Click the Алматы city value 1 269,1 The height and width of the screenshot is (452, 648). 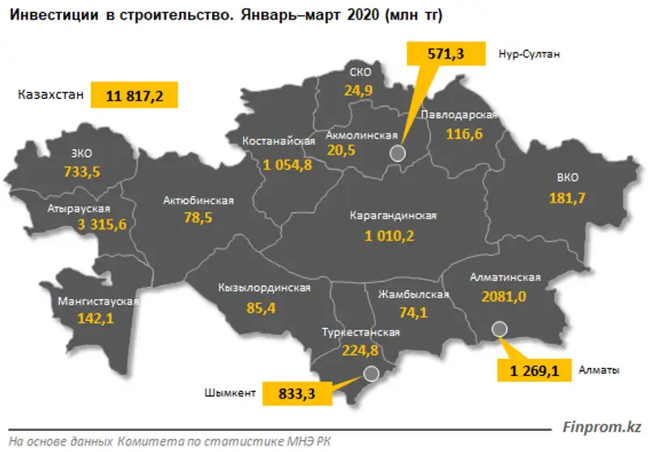click(x=534, y=371)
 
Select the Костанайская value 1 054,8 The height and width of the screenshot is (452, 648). click(x=289, y=165)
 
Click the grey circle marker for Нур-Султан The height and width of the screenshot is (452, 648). click(x=397, y=154)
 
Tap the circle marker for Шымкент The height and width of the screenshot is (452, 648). click(x=371, y=373)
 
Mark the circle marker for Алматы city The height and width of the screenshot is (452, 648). click(x=499, y=329)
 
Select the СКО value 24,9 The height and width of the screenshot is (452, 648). click(x=357, y=91)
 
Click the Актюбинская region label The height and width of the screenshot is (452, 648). click(x=198, y=200)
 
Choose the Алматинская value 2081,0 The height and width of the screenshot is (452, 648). click(x=504, y=296)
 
